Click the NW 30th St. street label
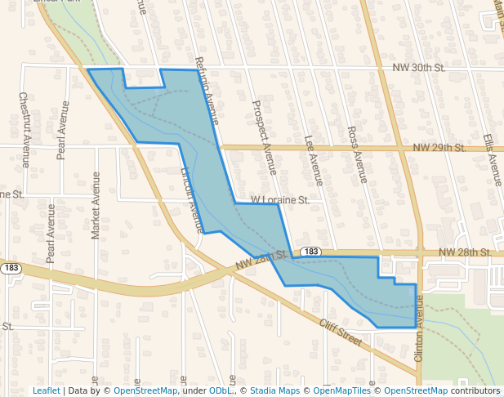[417, 68]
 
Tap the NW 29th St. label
[439, 148]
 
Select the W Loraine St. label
[279, 199]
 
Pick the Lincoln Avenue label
[191, 199]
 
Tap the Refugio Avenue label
[207, 90]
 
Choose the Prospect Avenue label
[265, 137]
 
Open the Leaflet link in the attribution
[46, 390]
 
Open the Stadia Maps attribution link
[274, 390]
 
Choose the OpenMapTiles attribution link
[342, 390]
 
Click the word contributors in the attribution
[475, 390]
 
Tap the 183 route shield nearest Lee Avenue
[309, 252]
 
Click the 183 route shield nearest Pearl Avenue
[11, 268]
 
